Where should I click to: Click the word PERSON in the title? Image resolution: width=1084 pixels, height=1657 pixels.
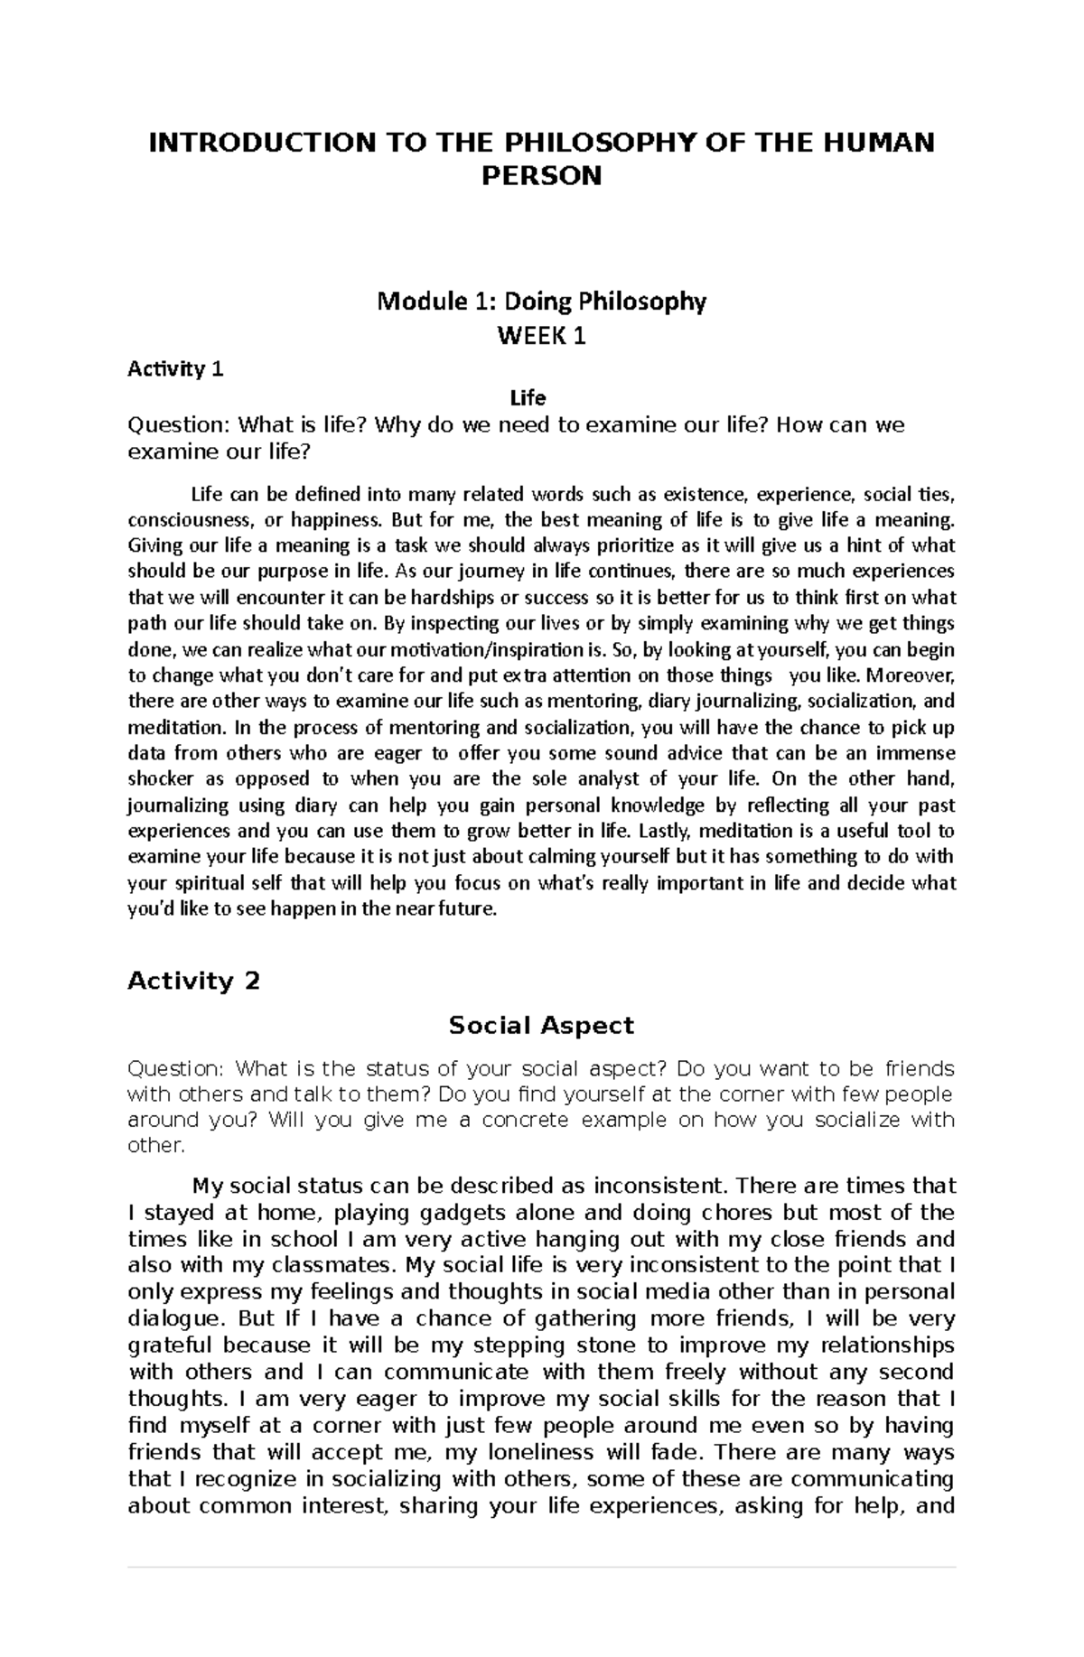pyautogui.click(x=541, y=176)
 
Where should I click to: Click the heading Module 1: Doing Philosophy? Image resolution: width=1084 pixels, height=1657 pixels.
pyautogui.click(x=541, y=302)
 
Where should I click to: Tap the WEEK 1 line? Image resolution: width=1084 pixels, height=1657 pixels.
pyautogui.click(x=541, y=337)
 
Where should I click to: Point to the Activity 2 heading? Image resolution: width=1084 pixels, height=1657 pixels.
pyautogui.click(x=193, y=981)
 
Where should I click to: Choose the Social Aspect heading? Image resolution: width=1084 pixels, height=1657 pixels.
pyautogui.click(x=541, y=1026)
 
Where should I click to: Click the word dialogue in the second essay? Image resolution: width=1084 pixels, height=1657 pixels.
pyautogui.click(x=174, y=1319)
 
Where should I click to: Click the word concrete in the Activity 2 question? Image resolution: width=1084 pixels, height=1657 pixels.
pyautogui.click(x=525, y=1121)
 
